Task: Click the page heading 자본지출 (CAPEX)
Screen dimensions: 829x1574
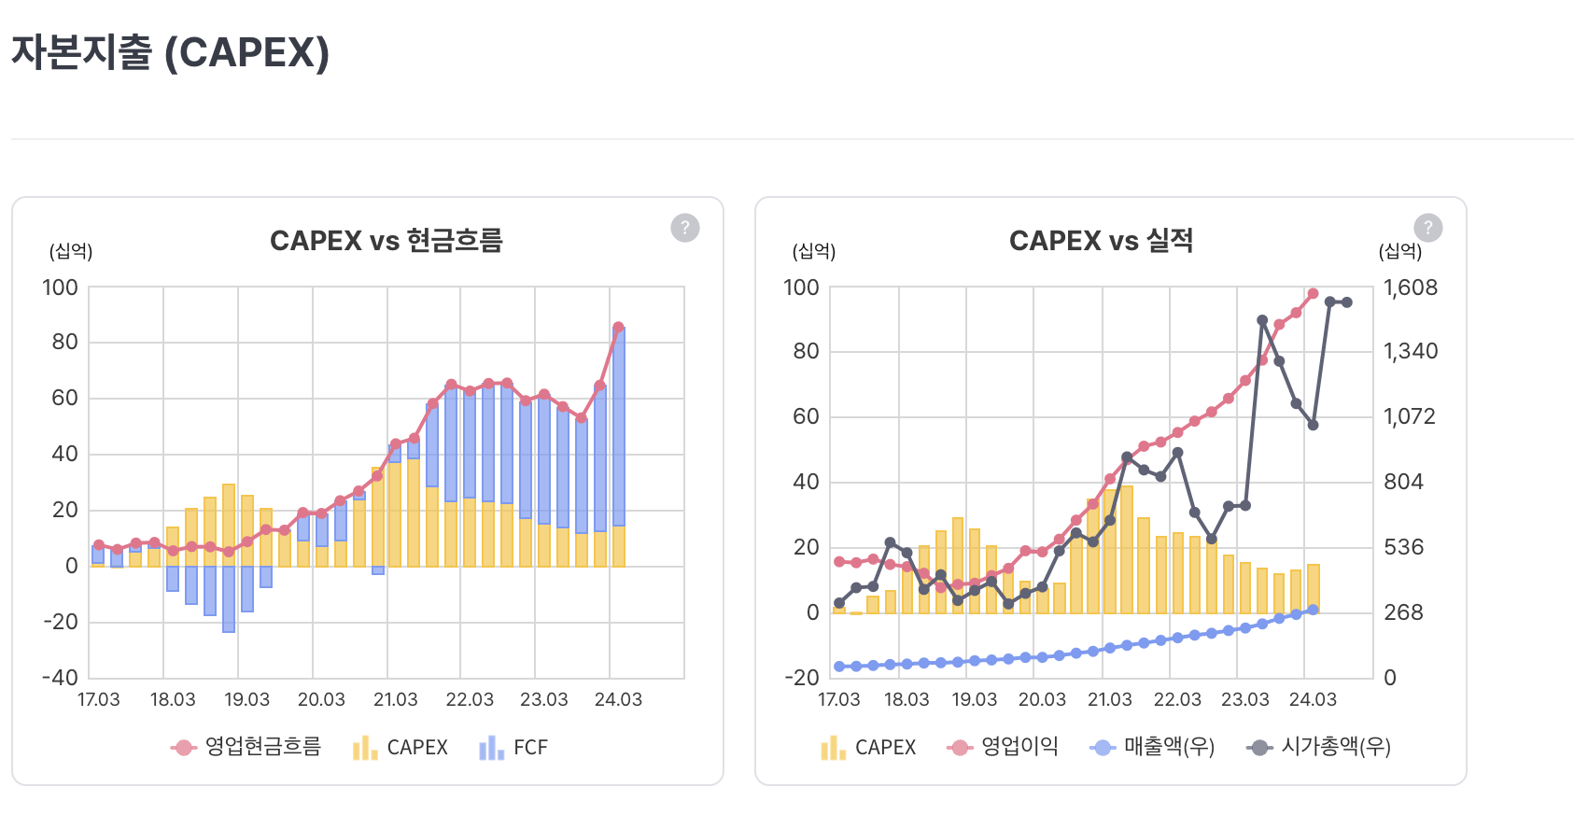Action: point(170,52)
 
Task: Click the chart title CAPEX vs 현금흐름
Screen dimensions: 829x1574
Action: point(386,241)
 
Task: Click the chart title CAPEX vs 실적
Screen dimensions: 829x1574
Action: point(1101,241)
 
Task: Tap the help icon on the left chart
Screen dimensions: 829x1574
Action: point(685,228)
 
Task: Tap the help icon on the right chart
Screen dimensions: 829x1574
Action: point(1427,228)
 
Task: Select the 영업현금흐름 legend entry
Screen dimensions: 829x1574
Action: point(246,747)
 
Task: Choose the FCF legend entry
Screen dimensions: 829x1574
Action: point(513,747)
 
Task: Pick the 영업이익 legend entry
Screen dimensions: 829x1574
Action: point(1003,747)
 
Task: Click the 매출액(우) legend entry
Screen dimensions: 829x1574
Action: point(1152,747)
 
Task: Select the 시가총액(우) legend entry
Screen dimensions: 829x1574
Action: point(1318,747)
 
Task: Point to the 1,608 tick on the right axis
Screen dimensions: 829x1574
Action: point(1411,288)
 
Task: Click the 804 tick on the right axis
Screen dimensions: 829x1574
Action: point(1403,482)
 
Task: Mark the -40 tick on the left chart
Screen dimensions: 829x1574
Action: point(60,678)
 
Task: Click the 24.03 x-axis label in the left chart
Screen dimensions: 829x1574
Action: point(618,699)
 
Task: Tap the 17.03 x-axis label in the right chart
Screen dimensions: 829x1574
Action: point(838,699)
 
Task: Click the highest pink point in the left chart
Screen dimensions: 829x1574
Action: point(618,328)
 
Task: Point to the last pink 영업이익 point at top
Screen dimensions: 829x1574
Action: point(1313,293)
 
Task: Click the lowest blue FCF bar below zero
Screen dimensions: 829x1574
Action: point(229,599)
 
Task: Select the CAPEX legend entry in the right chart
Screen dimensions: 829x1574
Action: point(868,747)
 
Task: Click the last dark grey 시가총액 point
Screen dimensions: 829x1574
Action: point(1346,302)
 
